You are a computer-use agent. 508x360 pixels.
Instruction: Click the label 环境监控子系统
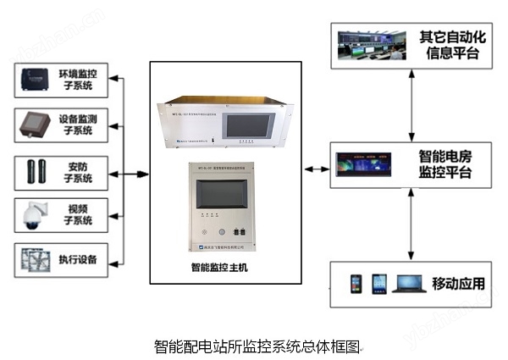click(x=77, y=80)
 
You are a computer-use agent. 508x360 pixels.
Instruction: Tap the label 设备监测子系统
click(x=77, y=125)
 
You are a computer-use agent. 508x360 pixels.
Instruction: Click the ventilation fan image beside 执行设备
click(x=36, y=258)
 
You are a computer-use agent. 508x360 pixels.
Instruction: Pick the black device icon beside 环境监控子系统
click(x=36, y=80)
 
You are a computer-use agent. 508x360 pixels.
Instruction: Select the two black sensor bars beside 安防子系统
click(x=36, y=172)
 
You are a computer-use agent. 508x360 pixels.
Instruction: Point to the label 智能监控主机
click(x=220, y=268)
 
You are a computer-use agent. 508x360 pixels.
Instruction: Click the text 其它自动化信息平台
click(x=448, y=46)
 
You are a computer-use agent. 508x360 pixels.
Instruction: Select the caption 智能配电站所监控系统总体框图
click(x=257, y=346)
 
